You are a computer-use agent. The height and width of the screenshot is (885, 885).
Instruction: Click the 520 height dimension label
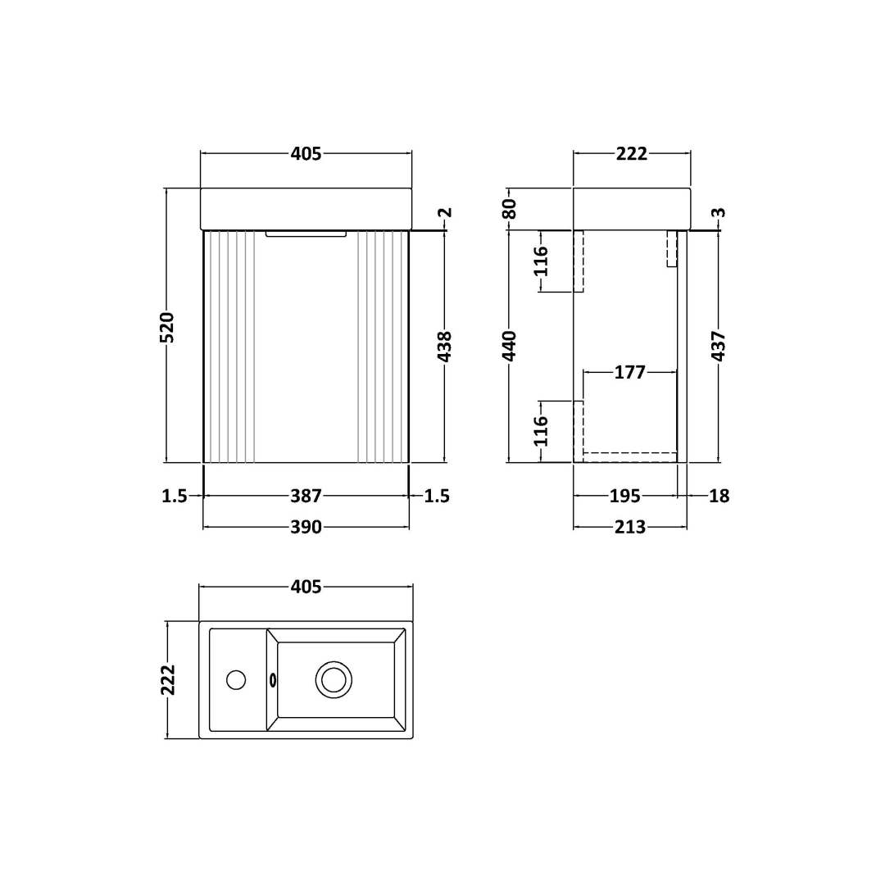pos(167,327)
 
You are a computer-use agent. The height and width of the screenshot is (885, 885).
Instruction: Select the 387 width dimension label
pos(306,496)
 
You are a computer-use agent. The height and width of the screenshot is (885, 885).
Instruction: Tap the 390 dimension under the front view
pos(306,527)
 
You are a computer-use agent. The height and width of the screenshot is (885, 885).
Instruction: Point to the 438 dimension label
pos(445,347)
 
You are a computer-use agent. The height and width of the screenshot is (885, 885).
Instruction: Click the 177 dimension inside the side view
pos(630,373)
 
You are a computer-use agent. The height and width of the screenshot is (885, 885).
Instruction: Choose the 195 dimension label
pos(624,496)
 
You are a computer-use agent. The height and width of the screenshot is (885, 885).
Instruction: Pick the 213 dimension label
pos(630,527)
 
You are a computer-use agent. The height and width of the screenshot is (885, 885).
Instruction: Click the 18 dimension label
pos(719,496)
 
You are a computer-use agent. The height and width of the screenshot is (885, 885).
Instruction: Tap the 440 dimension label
pos(509,346)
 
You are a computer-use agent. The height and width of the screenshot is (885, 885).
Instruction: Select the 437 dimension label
pos(719,346)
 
